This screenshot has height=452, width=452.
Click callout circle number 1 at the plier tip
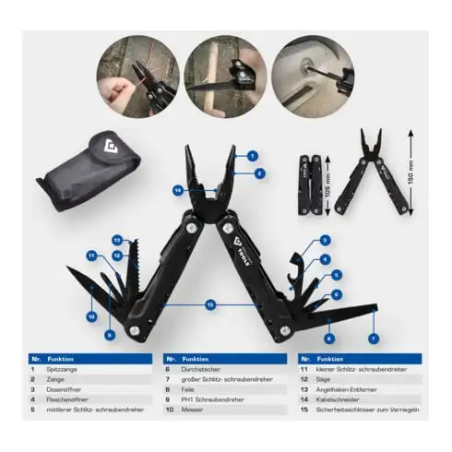(x=251, y=156)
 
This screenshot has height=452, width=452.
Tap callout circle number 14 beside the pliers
(x=177, y=190)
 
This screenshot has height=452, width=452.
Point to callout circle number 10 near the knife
(x=91, y=316)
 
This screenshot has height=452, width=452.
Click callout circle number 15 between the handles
(x=210, y=303)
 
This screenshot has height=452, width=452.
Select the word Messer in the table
(x=193, y=410)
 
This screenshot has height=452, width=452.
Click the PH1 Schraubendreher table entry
(x=213, y=399)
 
